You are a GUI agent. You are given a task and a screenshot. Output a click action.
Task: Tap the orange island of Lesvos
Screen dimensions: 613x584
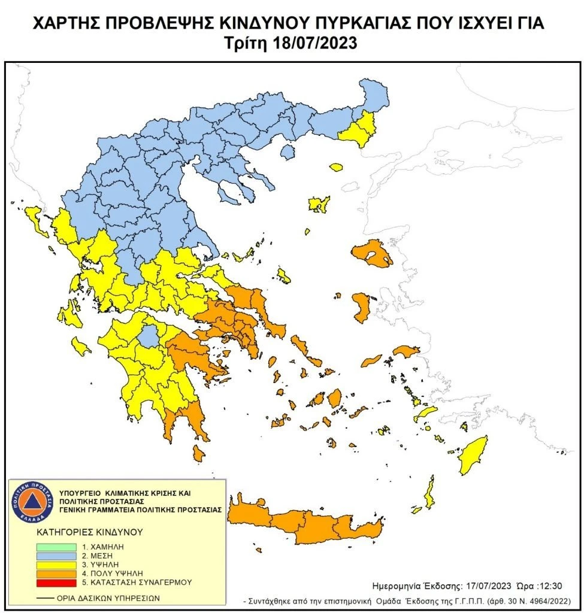point(373,254)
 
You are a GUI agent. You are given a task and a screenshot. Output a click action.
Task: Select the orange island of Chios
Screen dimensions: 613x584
point(361,306)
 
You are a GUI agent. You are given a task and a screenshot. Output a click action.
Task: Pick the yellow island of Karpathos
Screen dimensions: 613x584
point(429,494)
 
